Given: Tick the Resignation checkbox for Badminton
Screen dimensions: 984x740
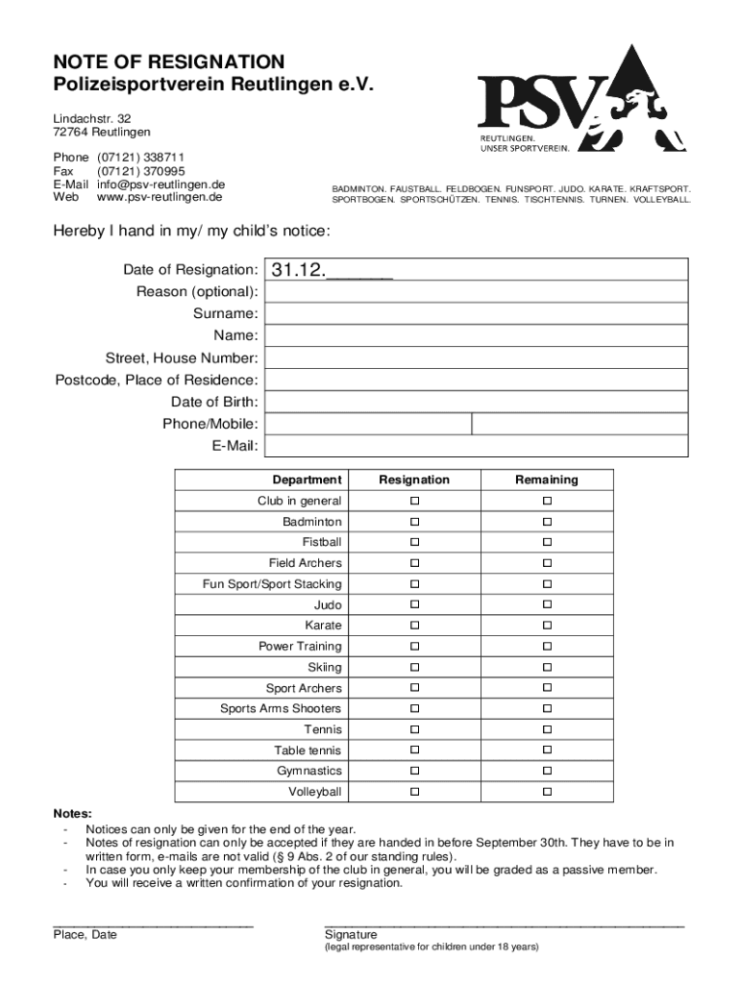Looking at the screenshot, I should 415,522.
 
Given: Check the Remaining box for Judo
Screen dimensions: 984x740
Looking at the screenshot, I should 547,604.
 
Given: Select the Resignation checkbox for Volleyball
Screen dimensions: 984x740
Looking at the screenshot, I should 415,792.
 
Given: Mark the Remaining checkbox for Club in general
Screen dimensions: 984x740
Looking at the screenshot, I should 547,502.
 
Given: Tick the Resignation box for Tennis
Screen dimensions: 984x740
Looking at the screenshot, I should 415,729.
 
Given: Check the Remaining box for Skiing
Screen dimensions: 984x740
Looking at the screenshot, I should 547,667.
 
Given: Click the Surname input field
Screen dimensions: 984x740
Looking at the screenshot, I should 476,313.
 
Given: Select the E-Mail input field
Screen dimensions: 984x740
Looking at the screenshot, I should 476,446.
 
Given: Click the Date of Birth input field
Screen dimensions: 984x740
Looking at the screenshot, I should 476,402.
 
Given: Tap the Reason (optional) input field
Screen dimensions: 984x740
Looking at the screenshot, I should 476,291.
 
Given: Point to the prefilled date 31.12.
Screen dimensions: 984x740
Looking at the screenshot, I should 299,270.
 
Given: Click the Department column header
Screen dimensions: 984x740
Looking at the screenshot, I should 307,480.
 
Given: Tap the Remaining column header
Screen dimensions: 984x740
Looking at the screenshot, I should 547,480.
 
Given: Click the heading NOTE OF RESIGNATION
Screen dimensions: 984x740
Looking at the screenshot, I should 169,62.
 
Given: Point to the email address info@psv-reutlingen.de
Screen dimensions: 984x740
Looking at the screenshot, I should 160,184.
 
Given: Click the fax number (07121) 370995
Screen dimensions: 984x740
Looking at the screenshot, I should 140,170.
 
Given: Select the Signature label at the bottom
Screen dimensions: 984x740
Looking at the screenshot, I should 351,934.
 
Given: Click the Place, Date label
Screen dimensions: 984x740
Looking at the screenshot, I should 86,934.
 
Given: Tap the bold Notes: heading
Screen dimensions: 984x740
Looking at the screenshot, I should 73,814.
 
